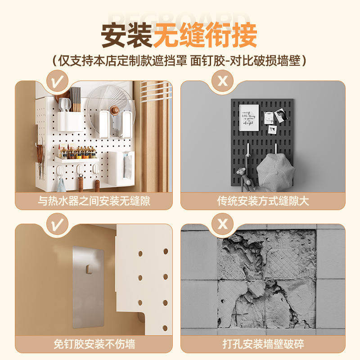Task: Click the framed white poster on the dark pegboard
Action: click(x=249, y=117)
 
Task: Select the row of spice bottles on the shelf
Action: click(x=77, y=153)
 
